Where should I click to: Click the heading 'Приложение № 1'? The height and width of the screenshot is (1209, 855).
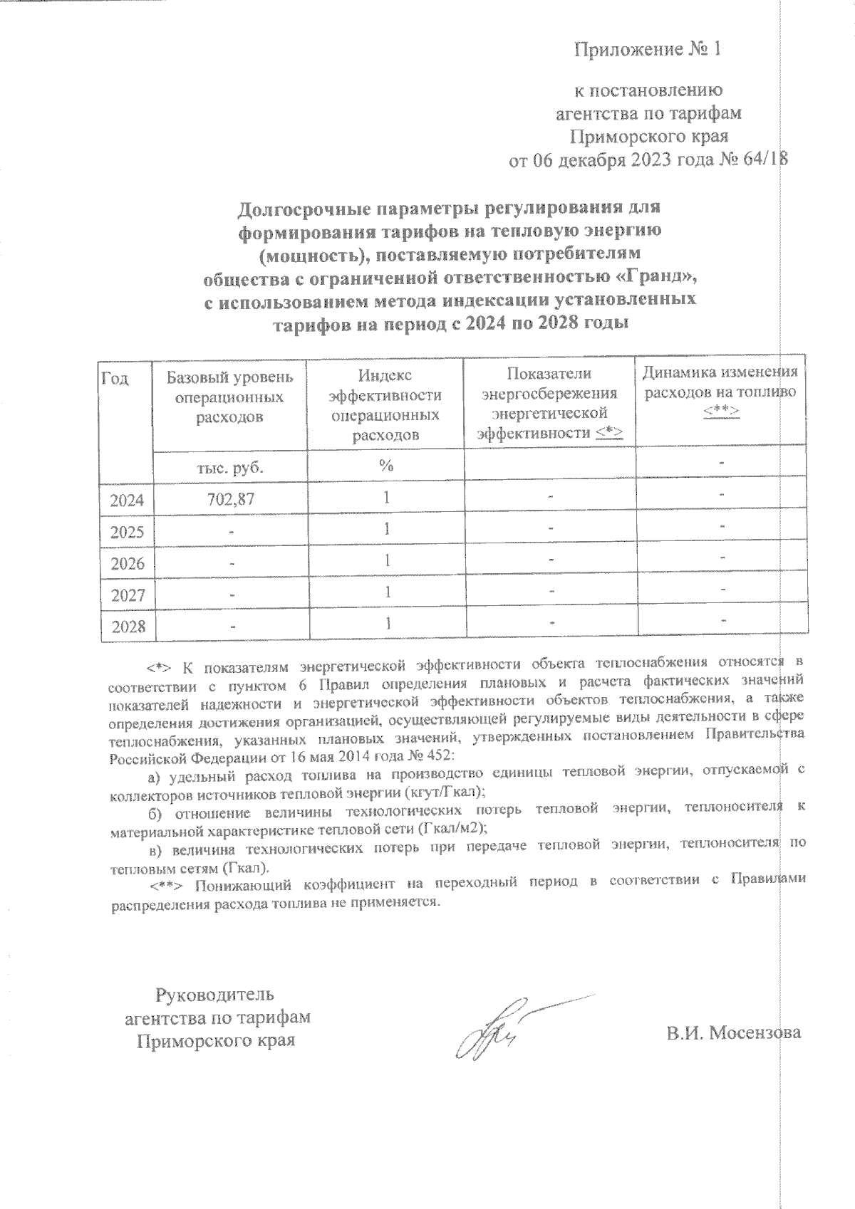click(648, 49)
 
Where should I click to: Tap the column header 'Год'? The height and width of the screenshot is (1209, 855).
click(115, 378)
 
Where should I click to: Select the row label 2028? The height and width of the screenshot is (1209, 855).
click(128, 627)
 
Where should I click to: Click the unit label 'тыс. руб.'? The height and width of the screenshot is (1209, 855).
click(229, 468)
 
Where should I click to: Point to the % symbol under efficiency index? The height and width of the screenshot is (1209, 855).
click(386, 466)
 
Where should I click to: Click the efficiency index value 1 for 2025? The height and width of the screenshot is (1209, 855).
click(386, 529)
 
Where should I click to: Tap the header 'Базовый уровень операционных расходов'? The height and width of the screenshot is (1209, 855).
click(229, 396)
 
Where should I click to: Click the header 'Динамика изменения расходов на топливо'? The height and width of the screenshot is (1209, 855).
click(720, 382)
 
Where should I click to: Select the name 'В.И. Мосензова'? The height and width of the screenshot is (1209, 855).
click(734, 1032)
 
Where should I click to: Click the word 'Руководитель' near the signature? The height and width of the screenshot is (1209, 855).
click(214, 993)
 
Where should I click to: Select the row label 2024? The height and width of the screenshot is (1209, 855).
click(128, 501)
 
